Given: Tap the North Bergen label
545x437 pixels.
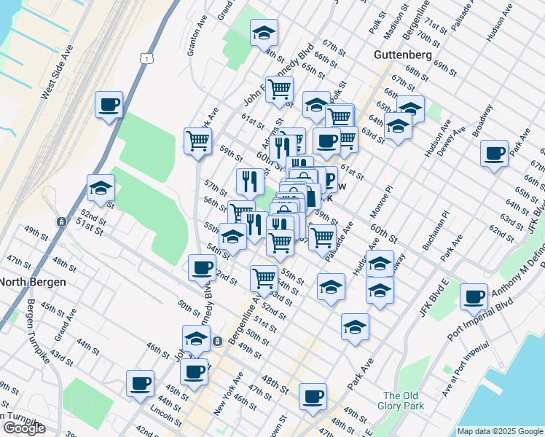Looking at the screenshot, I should point(33,282).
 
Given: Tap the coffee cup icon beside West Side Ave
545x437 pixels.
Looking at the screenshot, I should point(109,104).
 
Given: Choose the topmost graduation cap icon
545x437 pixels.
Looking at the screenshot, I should point(264,32).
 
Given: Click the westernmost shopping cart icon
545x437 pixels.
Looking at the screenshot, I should point(197,140).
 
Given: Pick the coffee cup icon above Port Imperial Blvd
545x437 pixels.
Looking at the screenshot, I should point(474,296).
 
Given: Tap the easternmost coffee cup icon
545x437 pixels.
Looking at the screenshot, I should point(494,153).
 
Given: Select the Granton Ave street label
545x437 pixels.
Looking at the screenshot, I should point(195,40).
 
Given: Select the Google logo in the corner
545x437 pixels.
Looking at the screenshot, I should point(24,428).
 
